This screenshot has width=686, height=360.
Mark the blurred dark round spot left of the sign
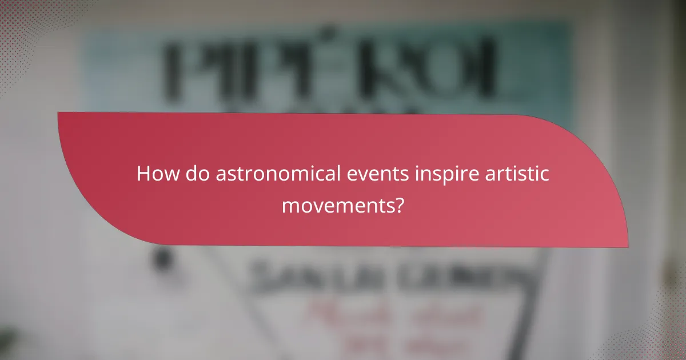(163, 259)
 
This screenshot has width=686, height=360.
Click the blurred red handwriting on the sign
(394, 320)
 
